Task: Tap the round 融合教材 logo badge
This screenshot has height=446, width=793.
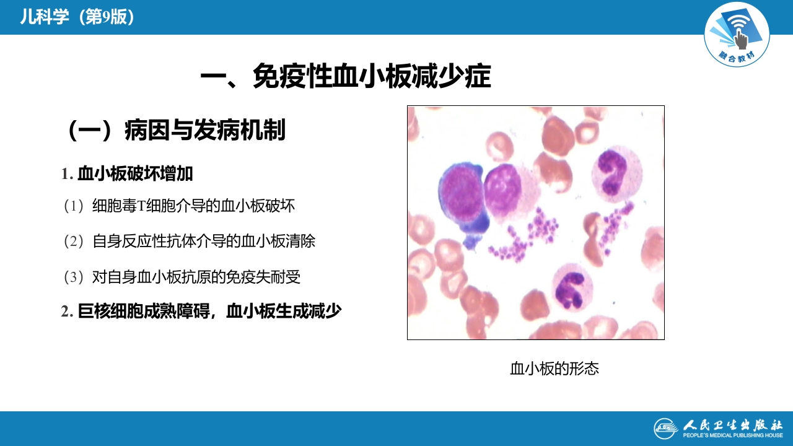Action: (x=737, y=35)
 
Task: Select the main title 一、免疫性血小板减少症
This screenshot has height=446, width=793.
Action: (x=346, y=78)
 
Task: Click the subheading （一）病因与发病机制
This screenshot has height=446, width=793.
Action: (x=175, y=131)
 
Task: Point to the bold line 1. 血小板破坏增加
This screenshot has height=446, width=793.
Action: (x=128, y=174)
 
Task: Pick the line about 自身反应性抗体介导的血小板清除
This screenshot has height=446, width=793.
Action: (x=190, y=241)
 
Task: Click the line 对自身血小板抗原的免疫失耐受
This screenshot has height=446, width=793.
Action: (x=182, y=276)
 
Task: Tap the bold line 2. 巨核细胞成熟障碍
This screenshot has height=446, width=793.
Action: (x=201, y=312)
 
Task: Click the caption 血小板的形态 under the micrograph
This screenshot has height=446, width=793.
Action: (x=554, y=369)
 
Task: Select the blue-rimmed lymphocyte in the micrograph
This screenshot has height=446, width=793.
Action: (x=462, y=198)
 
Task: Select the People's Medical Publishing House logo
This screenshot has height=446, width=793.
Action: (x=718, y=427)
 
